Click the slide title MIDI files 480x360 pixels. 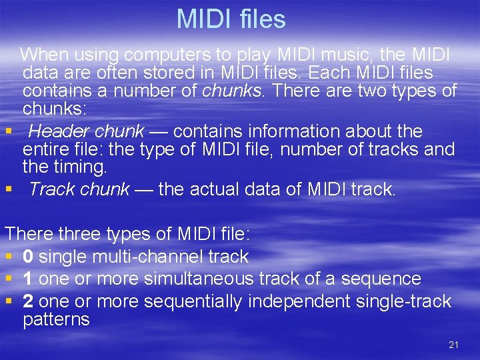coord(231,19)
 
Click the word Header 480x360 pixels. coord(53,131)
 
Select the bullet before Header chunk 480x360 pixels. coord(9,131)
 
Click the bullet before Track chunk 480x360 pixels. coord(9,190)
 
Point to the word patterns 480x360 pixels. coord(56,320)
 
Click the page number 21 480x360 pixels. coord(453,345)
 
